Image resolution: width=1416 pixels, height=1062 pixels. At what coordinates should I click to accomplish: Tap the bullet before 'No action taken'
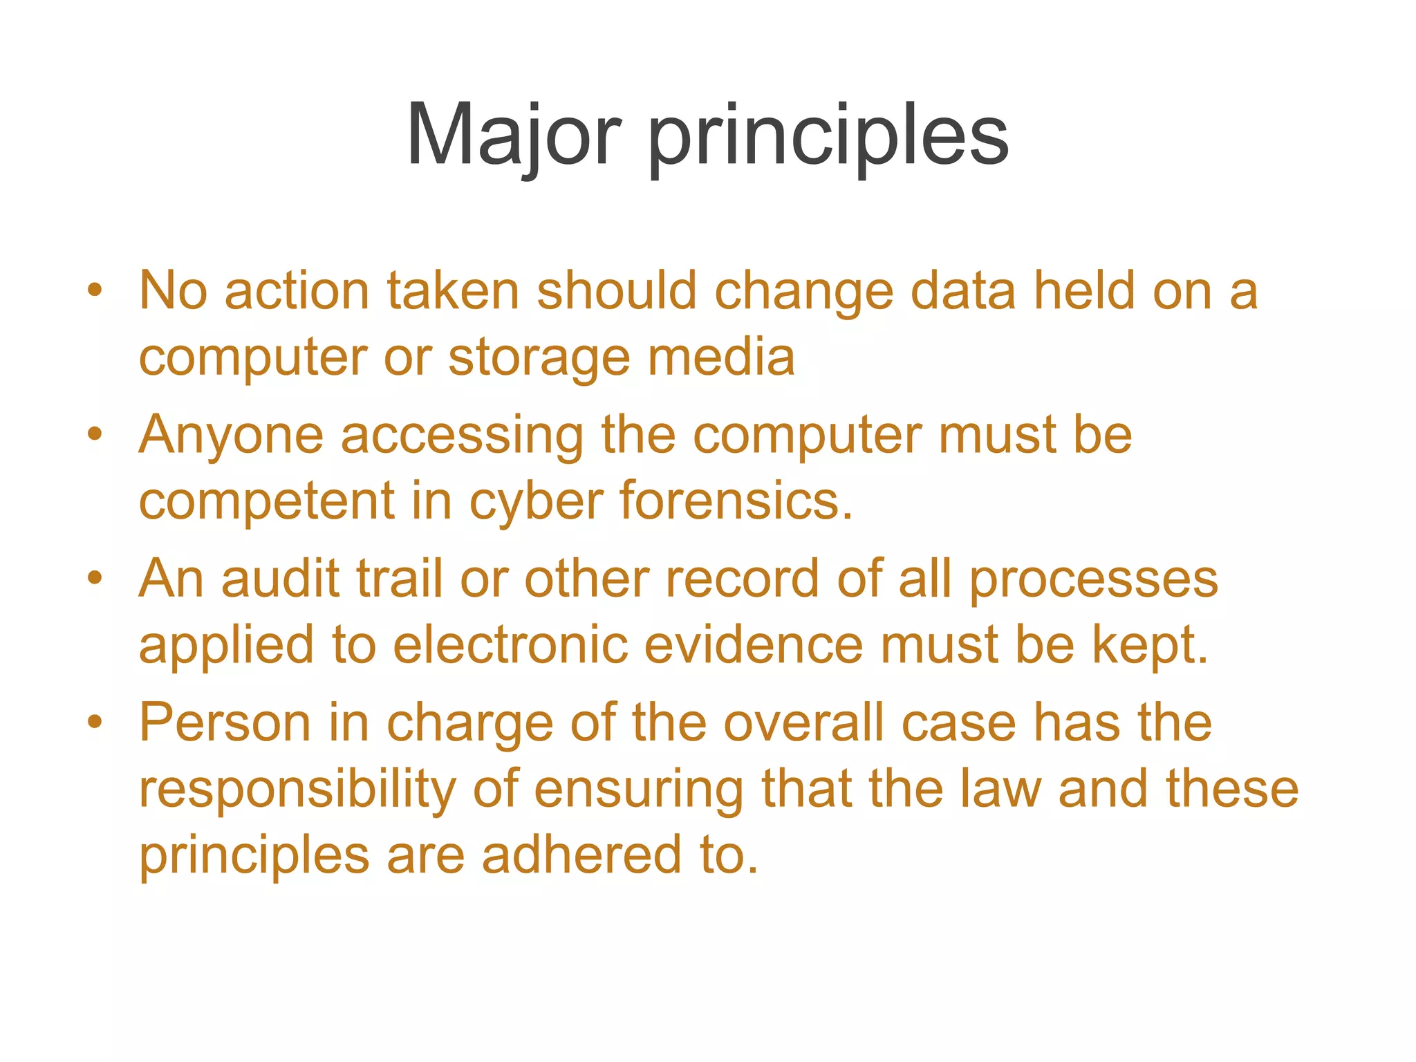coord(95,290)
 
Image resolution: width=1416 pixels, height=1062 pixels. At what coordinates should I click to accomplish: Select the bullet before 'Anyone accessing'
coord(95,435)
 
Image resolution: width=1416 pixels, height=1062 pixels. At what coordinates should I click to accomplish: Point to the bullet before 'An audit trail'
coord(95,579)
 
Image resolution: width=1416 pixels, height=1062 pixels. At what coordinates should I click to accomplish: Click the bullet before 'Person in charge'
coord(95,723)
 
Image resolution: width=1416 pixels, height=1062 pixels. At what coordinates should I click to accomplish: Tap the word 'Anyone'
coord(231,436)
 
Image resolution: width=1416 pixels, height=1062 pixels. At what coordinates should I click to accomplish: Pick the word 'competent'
coord(267,501)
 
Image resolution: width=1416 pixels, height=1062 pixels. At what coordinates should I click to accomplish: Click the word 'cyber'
coord(536,501)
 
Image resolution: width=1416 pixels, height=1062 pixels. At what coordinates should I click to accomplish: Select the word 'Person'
coord(225,723)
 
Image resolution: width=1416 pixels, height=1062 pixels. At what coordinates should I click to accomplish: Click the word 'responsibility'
coord(297,790)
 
